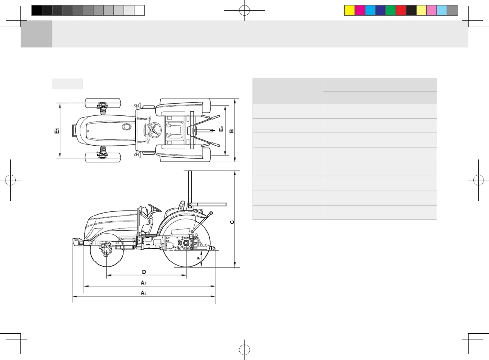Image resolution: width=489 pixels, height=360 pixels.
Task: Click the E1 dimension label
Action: click(x=57, y=131)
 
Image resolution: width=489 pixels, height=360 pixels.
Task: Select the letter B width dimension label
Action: click(x=231, y=131)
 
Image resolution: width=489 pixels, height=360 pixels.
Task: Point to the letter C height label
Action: click(x=232, y=222)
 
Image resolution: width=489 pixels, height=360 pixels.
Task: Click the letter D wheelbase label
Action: click(x=144, y=272)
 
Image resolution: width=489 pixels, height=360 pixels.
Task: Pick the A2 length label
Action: click(x=143, y=283)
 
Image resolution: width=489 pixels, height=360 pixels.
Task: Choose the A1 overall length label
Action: click(x=143, y=293)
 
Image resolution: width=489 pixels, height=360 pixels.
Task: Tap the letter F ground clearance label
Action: click(x=198, y=258)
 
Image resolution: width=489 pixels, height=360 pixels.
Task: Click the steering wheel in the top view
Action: click(x=155, y=130)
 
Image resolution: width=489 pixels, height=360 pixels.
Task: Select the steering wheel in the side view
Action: click(x=155, y=208)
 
